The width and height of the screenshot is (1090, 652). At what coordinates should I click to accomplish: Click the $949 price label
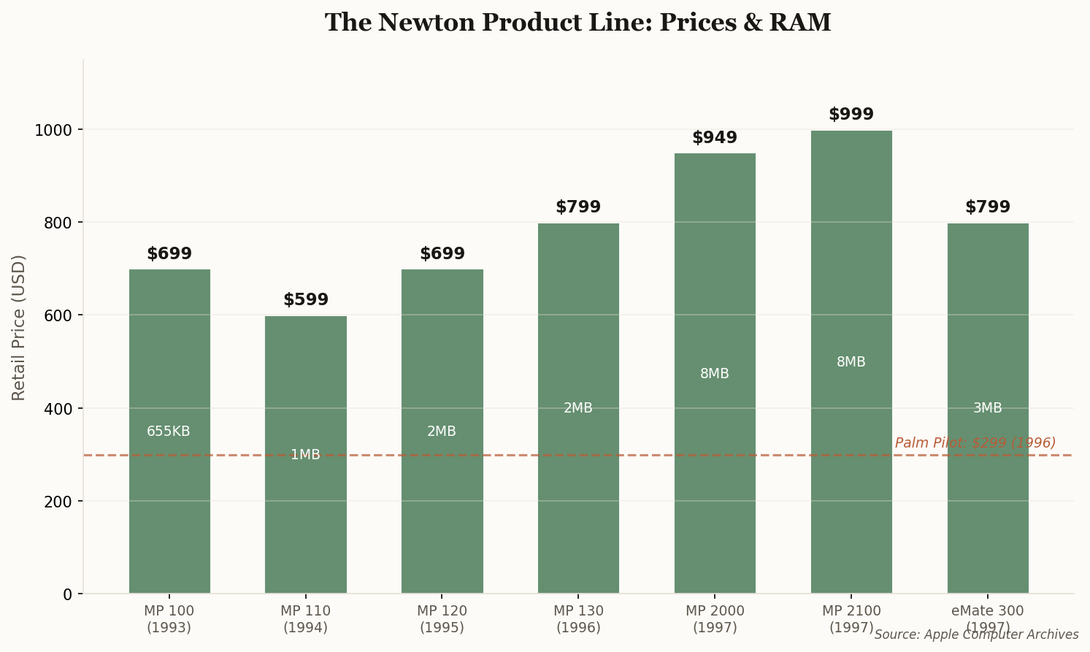pos(715,138)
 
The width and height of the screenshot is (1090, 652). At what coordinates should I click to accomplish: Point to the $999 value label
pos(851,115)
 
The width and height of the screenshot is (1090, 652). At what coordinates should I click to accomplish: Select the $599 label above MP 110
pos(306,300)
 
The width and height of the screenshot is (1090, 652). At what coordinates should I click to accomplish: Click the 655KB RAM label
pos(169,432)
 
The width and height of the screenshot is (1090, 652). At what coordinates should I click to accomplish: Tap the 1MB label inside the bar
pos(305,455)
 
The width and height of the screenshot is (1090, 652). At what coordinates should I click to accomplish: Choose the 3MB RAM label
pos(987,408)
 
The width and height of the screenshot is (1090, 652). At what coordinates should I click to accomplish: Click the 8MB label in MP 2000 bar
pos(715,374)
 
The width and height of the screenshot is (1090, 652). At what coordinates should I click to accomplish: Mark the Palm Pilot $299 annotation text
pos(975,443)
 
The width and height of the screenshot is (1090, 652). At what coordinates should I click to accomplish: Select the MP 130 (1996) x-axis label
pos(578,619)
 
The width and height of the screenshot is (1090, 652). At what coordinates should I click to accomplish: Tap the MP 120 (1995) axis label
pos(442,619)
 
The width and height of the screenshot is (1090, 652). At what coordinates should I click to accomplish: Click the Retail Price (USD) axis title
pos(19,327)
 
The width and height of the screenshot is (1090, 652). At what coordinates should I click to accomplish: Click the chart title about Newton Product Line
pos(577,23)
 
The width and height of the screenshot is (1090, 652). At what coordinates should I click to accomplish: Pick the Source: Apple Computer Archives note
pos(976,635)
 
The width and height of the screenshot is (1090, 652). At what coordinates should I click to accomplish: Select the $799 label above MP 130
pos(578,207)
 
